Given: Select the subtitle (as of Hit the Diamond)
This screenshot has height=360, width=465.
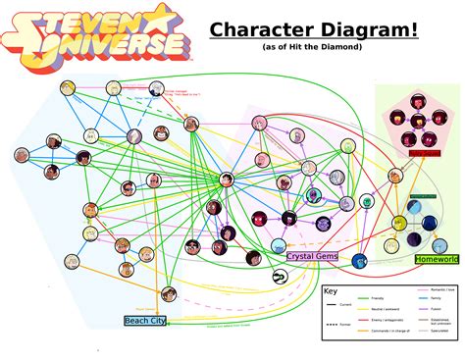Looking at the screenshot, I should point(311,47).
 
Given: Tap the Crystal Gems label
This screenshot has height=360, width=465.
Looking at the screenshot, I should point(313,255).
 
